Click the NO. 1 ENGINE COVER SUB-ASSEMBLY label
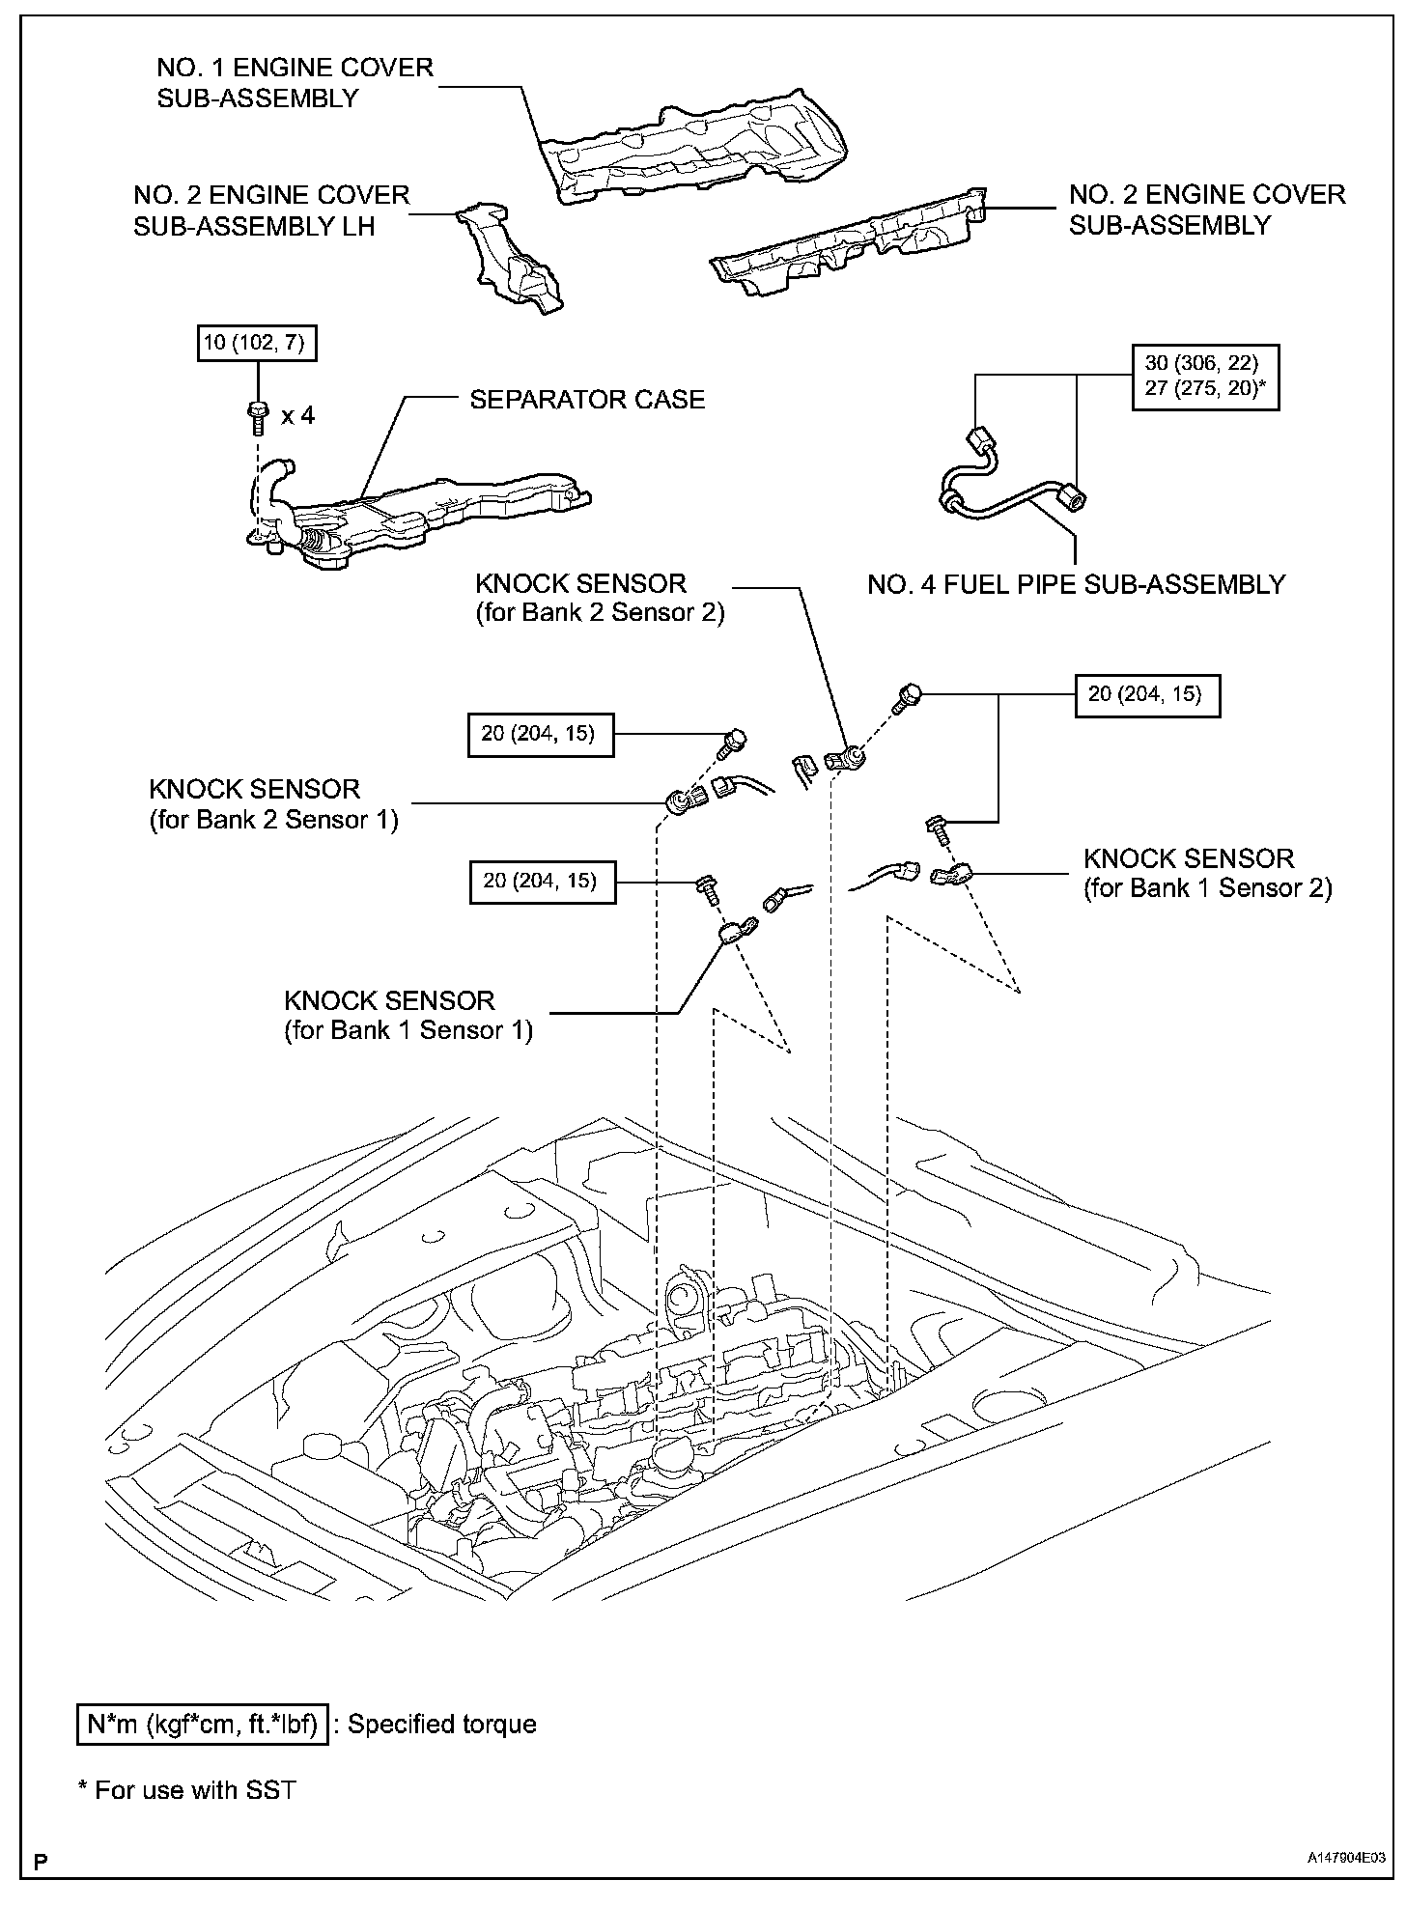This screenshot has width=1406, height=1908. (295, 83)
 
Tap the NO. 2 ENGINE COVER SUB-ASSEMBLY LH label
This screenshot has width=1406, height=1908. (271, 210)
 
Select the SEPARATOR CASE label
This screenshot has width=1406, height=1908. (587, 400)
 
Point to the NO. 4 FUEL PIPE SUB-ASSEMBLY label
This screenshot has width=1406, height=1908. (1076, 584)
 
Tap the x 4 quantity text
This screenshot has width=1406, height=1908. (297, 416)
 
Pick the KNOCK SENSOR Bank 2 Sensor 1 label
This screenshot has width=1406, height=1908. (273, 804)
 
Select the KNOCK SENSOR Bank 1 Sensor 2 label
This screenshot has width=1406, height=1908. (1207, 873)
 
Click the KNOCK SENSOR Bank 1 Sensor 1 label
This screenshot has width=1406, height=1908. (408, 1015)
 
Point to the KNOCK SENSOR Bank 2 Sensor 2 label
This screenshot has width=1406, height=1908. (599, 598)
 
